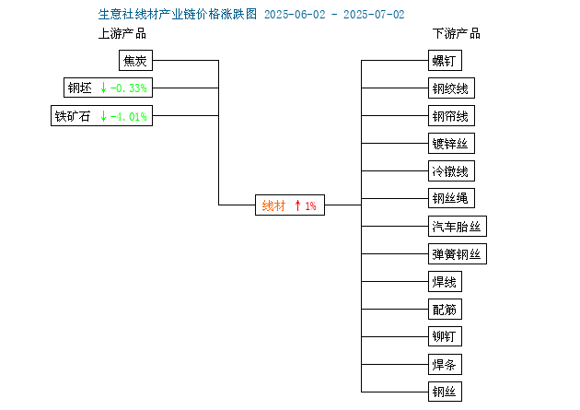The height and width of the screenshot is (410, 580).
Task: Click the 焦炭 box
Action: pos(135,60)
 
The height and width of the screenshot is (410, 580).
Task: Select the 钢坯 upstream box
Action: pos(108,88)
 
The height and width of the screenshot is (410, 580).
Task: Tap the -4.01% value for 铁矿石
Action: pos(129,117)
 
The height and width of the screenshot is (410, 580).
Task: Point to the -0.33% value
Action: pos(129,88)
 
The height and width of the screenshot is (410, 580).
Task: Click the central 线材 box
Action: pos(290,205)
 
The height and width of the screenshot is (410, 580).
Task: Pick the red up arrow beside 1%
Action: pos(297,205)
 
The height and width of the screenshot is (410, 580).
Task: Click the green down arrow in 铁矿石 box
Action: pos(103,116)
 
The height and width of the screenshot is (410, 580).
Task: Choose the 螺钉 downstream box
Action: pos(445,60)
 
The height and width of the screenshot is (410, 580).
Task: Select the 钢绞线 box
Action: pos(451,88)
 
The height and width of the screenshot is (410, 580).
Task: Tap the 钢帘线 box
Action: pos(451,116)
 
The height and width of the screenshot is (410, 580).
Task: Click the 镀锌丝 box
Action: pos(451,143)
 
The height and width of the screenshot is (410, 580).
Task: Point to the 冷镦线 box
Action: pos(451,171)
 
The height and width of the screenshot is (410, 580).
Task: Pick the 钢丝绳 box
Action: pos(451,198)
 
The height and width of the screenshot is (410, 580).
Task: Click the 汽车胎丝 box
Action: pos(458,226)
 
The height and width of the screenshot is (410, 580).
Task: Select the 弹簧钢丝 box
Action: pos(458,254)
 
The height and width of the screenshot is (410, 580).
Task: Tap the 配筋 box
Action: pos(445,309)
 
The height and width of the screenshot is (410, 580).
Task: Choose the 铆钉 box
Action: pos(445,336)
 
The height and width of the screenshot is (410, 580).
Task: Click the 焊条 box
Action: pos(445,365)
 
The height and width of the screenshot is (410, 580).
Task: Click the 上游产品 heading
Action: pos(122,34)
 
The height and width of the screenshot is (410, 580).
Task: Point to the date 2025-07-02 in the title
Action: pos(374,15)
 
